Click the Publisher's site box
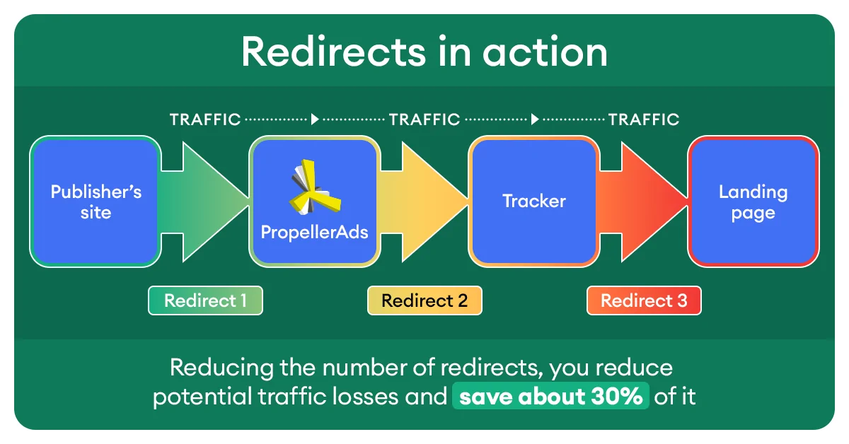96,201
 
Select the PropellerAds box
315,201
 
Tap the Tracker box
534,201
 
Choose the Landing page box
753,201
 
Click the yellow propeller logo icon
315,187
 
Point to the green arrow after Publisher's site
204,202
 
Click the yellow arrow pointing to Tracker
424,202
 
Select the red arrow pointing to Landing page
644,202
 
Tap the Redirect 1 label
205,300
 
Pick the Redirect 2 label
425,300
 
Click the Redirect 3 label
644,300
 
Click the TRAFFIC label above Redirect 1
205,119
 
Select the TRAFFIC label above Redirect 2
424,119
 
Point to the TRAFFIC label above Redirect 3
644,119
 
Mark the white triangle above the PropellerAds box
315,119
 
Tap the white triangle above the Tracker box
534,119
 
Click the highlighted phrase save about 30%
550,396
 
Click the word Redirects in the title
334,52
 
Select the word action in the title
545,52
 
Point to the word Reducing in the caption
221,368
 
